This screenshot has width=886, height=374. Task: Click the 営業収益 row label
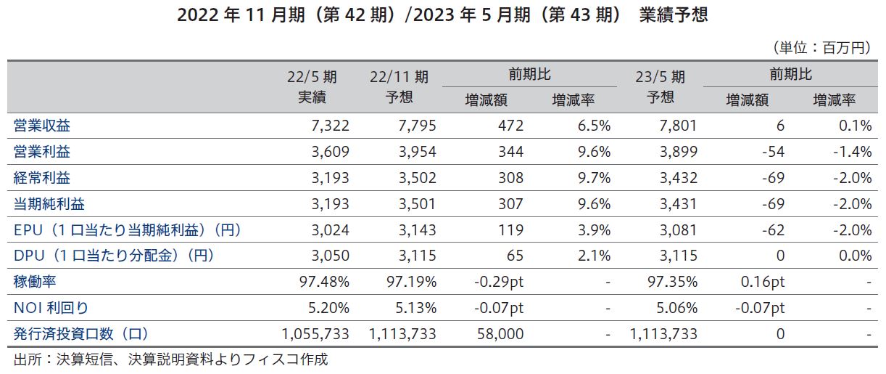pyautogui.click(x=42, y=126)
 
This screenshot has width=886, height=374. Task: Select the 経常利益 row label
pyautogui.click(x=42, y=179)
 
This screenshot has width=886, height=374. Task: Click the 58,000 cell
pyautogui.click(x=496, y=335)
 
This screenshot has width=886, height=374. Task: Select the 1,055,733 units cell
pyautogui.click(x=315, y=335)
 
